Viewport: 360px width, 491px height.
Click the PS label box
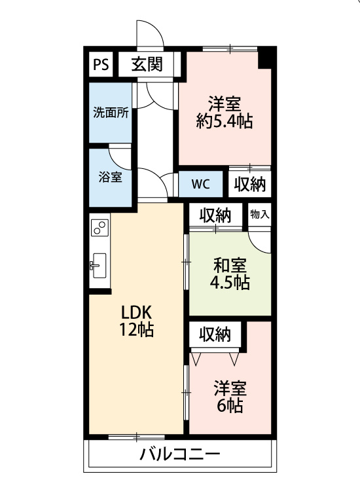point(101,65)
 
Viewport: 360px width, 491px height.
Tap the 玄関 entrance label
point(147,65)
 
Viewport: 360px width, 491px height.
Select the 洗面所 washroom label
point(111,113)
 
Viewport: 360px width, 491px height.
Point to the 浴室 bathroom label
point(110,177)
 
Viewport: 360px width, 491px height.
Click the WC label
point(200,185)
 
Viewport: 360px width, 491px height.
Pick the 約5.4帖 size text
point(225,121)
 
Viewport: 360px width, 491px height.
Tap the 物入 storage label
point(259,215)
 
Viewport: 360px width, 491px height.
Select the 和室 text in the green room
point(230,266)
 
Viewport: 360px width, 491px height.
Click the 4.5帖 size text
point(230,282)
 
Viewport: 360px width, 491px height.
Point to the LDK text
point(137,312)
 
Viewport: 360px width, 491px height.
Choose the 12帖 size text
point(137,329)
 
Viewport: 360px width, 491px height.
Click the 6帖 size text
point(230,406)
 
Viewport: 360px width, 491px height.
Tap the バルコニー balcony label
point(180,454)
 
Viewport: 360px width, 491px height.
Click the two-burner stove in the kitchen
point(100,228)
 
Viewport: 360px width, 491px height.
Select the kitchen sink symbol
point(99,266)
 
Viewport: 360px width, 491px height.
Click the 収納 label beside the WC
point(250,184)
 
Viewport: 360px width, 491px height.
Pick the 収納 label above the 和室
point(215,215)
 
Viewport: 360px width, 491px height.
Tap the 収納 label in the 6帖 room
point(215,335)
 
